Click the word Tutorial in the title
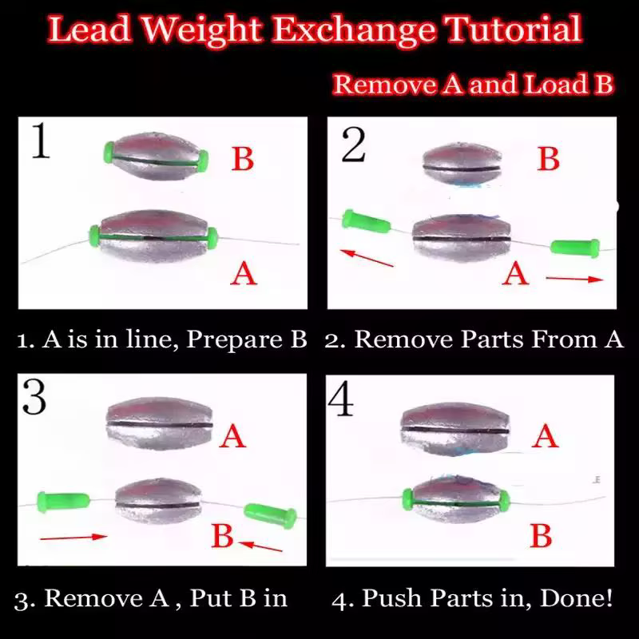coord(514,30)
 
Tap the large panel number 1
coord(41,141)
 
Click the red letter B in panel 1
coord(243,158)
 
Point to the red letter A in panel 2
coord(515,273)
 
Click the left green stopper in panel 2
coord(366,221)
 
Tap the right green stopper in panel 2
coord(575,248)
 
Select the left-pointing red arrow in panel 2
coord(367,258)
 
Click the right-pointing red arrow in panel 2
coord(574,279)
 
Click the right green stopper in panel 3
coord(270,515)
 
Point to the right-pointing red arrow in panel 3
coord(73,537)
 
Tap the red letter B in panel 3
coord(223,535)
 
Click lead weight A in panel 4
coord(455,430)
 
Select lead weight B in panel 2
coord(462,165)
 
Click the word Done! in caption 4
coord(576,597)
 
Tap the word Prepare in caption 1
coord(234,339)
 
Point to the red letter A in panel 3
coord(232,436)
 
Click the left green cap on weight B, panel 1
coord(109,153)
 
